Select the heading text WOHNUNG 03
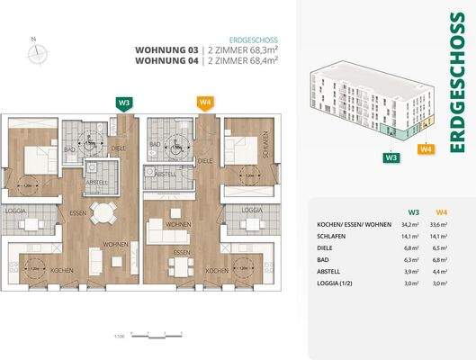click(x=166, y=50)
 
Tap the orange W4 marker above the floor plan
click(x=206, y=103)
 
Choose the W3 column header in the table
click(x=413, y=211)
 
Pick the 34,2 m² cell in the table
click(x=413, y=224)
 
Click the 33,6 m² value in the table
click(x=441, y=224)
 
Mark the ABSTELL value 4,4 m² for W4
click(x=441, y=271)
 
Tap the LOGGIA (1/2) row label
click(x=335, y=283)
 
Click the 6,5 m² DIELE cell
click(x=441, y=247)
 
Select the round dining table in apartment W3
click(x=106, y=213)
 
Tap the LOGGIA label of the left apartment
click(x=18, y=211)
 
